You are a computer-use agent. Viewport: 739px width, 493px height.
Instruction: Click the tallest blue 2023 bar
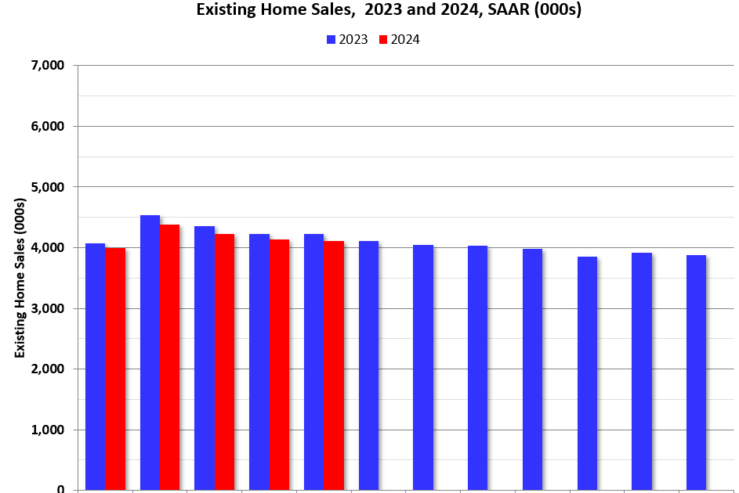(150, 352)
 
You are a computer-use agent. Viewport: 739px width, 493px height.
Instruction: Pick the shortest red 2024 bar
(115, 369)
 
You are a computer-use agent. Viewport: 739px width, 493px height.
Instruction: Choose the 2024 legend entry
(399, 40)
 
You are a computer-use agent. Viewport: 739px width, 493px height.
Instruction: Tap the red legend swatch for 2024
(383, 40)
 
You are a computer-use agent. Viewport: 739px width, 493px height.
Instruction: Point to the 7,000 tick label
(49, 66)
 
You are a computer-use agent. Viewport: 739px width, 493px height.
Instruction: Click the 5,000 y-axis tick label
(49, 187)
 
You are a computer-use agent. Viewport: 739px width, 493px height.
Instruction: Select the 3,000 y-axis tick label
(49, 308)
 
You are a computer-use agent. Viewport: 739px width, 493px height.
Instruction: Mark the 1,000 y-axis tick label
(49, 430)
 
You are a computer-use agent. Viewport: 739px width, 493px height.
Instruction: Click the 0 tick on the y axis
(60, 488)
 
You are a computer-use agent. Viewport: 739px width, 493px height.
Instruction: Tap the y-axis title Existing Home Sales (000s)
(20, 278)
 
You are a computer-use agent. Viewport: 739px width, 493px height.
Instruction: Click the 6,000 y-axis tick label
(49, 127)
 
